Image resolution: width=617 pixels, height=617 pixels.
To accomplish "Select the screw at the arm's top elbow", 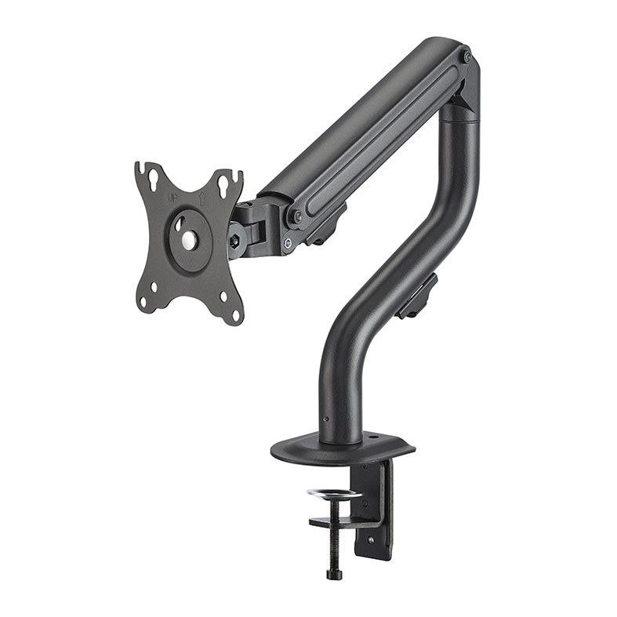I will click(466, 57).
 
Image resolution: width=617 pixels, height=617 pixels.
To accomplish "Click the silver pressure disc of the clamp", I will click(333, 494).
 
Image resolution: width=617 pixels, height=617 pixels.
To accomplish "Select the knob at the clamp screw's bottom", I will click(332, 574).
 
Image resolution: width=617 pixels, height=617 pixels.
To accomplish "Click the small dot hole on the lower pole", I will click(323, 420).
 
